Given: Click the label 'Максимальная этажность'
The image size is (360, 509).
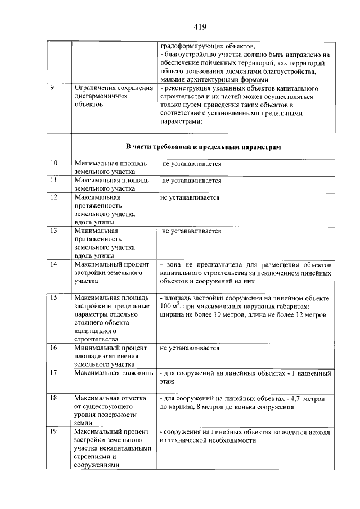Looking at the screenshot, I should pos(114,373).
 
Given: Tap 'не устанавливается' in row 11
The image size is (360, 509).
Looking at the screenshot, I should pos(192,181).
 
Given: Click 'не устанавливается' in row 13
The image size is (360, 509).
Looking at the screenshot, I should pos(192,231).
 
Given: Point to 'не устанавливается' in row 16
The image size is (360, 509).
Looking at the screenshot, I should pos(190,348).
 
